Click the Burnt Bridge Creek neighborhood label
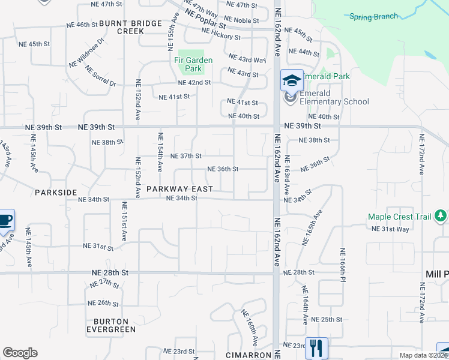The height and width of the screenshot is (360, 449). (130, 27)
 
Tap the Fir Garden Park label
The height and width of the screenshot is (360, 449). (192, 64)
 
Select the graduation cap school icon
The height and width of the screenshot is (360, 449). (292, 80)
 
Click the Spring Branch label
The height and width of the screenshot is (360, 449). (373, 16)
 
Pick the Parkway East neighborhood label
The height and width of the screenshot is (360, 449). (179, 189)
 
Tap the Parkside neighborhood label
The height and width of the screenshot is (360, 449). (56, 193)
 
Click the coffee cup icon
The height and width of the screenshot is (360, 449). (5, 219)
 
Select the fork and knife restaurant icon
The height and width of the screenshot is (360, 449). (316, 347)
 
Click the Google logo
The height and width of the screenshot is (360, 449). (20, 353)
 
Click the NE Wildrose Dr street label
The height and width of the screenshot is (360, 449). (86, 53)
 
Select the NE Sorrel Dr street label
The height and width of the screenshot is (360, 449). (101, 76)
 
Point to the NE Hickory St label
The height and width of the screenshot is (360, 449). (220, 37)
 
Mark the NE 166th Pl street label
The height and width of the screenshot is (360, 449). (343, 263)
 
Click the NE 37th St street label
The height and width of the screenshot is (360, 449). (186, 156)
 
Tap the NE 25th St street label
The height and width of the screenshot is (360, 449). (331, 319)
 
